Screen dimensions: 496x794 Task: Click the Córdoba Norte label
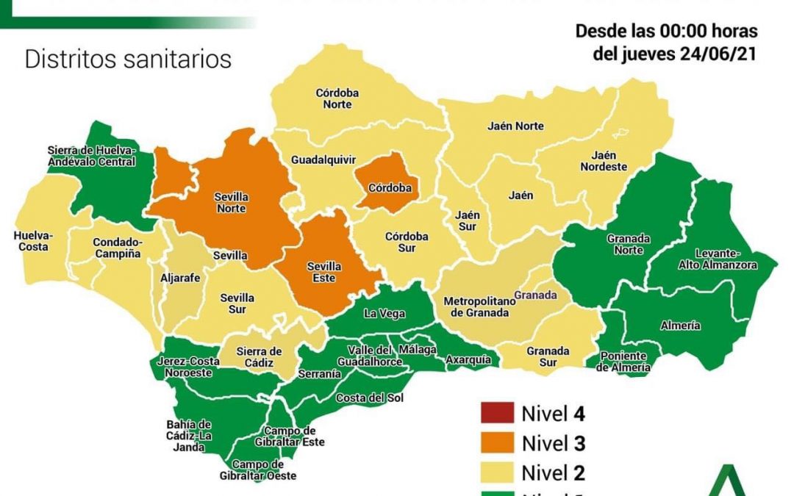333,99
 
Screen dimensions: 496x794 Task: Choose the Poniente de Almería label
623,362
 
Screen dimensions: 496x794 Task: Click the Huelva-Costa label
33,241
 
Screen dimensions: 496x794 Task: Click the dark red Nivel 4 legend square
496,414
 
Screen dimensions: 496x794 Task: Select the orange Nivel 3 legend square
496,443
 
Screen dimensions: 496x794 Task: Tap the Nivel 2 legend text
553,472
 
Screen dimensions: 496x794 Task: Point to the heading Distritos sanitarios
128,59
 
